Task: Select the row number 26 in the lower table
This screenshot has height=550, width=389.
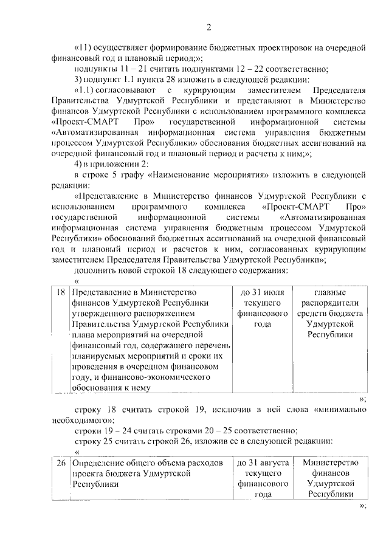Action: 60,463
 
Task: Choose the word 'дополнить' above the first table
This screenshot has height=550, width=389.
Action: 94,270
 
